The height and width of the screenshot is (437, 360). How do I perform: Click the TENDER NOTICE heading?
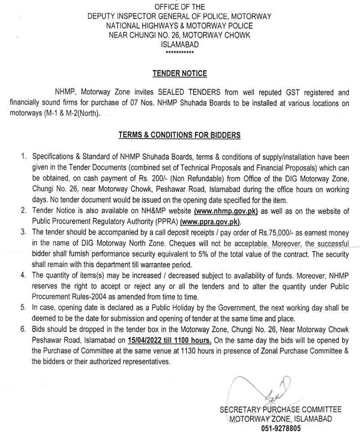[x=180, y=73]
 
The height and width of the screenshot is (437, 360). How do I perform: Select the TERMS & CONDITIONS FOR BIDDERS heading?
[x=180, y=135]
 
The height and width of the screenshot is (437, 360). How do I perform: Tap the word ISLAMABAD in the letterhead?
[x=180, y=45]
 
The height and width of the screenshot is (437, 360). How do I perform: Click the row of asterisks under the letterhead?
[x=180, y=53]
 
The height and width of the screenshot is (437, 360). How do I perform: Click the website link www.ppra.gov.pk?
[x=211, y=222]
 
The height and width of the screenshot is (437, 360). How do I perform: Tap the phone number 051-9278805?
[x=280, y=428]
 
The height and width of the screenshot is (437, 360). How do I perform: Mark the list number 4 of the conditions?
[x=22, y=275]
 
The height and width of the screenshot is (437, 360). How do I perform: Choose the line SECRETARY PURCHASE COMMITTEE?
[x=280, y=410]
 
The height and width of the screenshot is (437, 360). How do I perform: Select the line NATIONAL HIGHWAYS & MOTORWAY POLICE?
[x=180, y=26]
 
